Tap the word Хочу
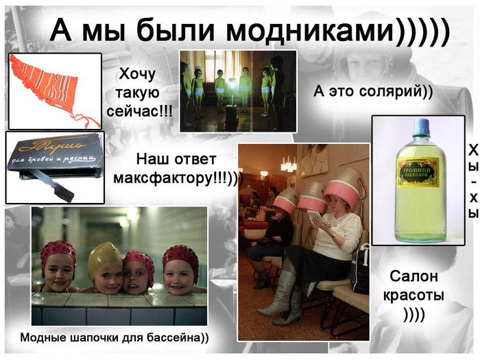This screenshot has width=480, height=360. click(x=138, y=74)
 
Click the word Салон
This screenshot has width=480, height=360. click(x=414, y=277)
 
